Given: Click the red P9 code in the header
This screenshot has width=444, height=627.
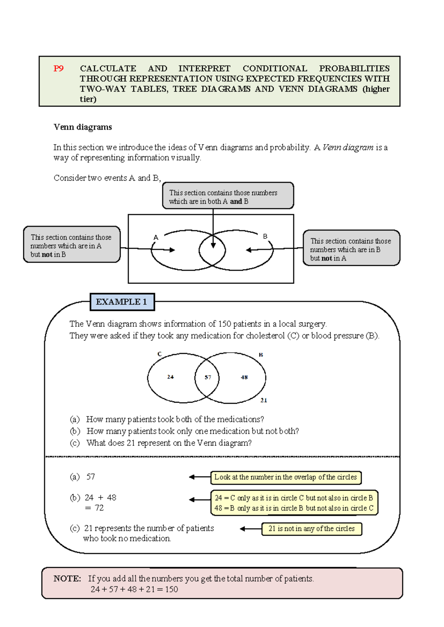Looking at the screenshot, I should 58,68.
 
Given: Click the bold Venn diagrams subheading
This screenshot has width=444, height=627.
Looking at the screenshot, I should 83,127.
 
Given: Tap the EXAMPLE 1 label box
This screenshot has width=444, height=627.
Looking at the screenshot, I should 122,302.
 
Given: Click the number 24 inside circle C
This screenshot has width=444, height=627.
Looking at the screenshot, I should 170,377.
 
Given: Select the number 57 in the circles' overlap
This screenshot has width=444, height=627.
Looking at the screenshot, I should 208,377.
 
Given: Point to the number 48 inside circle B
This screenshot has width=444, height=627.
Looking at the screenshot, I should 244,377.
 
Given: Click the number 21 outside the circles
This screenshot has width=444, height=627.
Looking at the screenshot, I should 263,400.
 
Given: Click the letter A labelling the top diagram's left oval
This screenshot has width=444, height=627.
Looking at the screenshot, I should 156,237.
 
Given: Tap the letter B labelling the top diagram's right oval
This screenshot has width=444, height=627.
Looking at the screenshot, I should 265,236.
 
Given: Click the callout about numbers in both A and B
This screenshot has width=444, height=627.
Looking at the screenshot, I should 228,196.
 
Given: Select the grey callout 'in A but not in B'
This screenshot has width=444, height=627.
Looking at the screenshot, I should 72,245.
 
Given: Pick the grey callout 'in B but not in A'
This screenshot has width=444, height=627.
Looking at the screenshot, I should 351,248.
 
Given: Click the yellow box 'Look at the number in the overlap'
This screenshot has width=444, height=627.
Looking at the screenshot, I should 286,477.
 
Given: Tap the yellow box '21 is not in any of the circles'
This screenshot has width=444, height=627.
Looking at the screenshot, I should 312,529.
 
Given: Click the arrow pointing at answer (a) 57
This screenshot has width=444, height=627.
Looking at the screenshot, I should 199,477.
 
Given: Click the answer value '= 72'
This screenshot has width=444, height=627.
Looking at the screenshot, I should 94,508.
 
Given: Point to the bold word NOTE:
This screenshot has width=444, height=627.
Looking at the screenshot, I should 67,579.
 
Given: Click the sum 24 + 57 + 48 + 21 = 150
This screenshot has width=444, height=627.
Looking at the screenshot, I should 134,589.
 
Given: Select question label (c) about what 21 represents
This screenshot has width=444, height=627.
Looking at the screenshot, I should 75,443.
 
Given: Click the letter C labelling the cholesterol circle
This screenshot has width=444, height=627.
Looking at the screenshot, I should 159,354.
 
